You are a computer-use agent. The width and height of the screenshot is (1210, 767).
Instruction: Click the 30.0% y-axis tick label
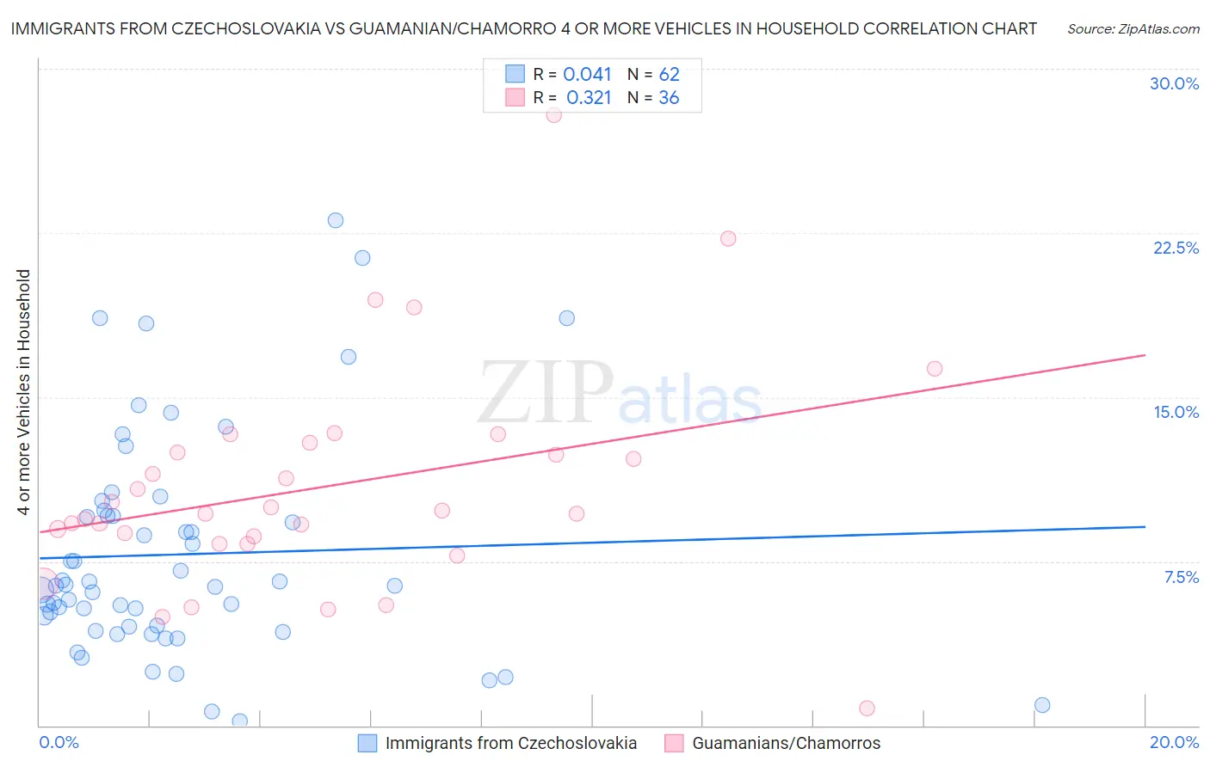1174,83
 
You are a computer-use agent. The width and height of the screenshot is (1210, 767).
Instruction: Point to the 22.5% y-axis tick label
1176,248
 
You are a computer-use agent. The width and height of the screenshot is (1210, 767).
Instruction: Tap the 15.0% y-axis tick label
1176,412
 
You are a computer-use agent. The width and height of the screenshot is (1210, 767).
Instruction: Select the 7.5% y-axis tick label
1181,577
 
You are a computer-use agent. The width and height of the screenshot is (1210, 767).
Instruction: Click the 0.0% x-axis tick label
59,742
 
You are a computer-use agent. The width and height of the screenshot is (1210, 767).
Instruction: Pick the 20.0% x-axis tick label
1174,742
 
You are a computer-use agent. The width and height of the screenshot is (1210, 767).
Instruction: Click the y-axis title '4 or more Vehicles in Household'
24,392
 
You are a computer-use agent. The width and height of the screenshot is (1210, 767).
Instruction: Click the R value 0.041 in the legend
587,75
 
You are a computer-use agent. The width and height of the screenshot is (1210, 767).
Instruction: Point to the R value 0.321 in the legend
589,98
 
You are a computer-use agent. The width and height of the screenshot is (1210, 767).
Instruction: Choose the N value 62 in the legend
669,75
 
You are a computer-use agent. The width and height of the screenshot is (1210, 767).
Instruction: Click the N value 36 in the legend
669,98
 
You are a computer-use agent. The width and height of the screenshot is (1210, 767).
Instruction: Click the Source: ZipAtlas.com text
1133,29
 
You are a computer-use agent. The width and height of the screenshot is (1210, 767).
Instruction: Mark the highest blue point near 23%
336,220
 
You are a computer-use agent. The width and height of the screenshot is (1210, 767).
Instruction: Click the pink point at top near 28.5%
553,115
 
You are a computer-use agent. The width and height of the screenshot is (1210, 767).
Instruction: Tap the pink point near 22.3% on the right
728,239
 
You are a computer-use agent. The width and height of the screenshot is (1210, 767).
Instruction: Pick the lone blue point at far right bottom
1042,705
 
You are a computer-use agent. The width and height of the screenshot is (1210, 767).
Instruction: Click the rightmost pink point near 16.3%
935,369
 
